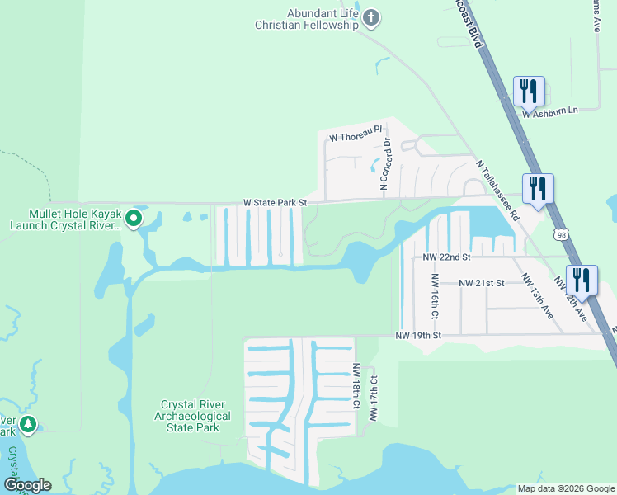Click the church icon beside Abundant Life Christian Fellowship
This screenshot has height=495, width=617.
click(371, 18)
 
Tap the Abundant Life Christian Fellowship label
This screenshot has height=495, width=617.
click(307, 20)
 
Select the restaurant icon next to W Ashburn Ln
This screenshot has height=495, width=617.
click(528, 91)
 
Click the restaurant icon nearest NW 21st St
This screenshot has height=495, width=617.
click(582, 280)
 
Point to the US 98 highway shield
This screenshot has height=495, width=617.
click(561, 236)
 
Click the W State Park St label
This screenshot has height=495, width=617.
click(275, 202)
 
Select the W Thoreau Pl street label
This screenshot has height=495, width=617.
click(356, 132)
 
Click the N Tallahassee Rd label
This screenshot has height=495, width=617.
click(497, 190)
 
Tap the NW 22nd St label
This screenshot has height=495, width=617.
click(445, 257)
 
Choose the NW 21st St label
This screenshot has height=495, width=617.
click(482, 283)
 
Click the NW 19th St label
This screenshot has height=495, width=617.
click(418, 336)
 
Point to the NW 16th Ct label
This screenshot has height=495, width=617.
click(434, 298)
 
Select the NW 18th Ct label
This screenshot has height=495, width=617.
click(357, 387)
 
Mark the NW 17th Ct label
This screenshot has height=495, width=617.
click(374, 399)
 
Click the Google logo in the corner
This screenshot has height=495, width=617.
click(27, 485)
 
